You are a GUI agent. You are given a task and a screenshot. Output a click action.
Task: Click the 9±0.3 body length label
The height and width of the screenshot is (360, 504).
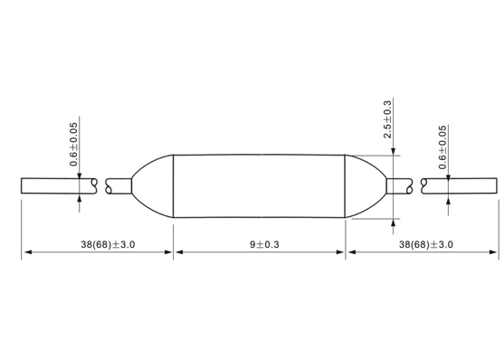[264, 244]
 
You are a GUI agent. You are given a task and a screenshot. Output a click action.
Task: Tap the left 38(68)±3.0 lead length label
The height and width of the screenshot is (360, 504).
[108, 244]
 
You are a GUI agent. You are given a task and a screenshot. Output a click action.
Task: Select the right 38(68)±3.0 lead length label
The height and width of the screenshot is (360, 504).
[426, 244]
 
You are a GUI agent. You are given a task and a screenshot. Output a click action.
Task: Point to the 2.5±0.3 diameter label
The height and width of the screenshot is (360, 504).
[387, 119]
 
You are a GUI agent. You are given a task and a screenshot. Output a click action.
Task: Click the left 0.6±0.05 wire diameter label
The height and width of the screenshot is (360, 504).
[73, 145]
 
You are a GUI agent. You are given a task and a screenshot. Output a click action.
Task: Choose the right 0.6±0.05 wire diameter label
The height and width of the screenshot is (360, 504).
[442, 147]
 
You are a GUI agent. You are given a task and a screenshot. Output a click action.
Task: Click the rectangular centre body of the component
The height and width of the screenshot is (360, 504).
[259, 186]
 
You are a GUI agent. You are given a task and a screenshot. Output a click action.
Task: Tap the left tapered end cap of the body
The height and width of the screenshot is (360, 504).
[152, 186]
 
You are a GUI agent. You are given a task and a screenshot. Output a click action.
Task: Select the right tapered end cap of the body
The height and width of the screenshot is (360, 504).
[366, 186]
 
